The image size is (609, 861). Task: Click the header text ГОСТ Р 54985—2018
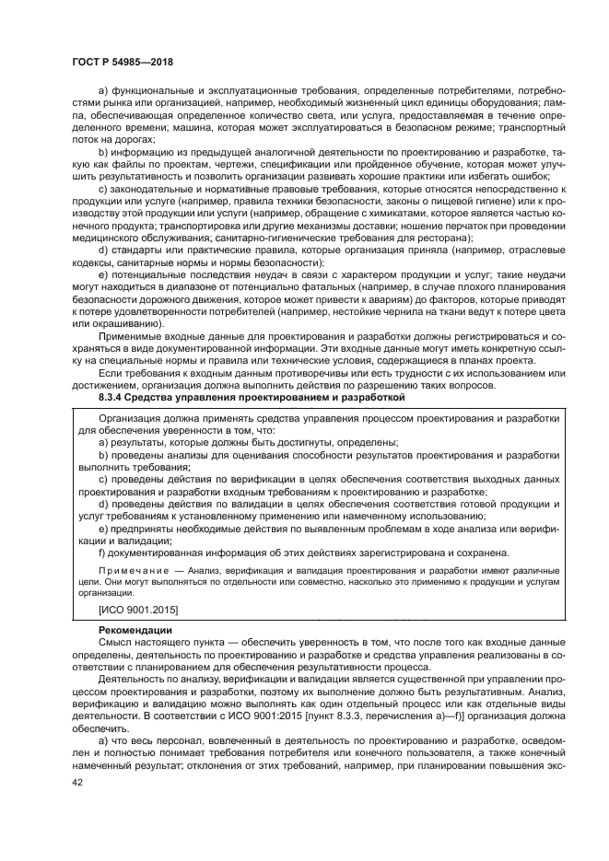pos(126,63)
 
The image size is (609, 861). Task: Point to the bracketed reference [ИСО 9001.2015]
pos(138,610)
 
